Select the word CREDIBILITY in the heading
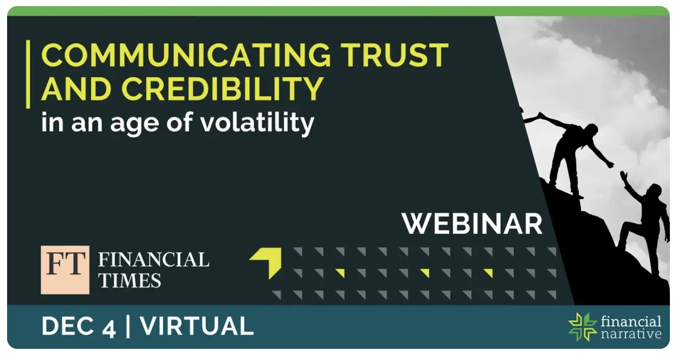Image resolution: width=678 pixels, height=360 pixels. (222, 88)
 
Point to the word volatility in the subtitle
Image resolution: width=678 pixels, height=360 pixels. (257, 122)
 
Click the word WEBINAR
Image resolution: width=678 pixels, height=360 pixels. (472, 224)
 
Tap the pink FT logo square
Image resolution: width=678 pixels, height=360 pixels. (65, 270)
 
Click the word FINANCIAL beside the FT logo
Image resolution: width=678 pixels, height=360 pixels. (154, 260)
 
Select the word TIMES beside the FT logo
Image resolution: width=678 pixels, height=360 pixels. (130, 280)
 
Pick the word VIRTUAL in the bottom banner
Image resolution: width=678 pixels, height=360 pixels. (197, 327)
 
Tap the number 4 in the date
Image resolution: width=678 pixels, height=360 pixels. (108, 329)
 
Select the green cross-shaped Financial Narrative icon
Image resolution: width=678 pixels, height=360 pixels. (583, 327)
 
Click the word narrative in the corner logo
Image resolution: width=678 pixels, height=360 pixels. (631, 334)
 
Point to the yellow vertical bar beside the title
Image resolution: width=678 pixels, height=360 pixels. (28, 74)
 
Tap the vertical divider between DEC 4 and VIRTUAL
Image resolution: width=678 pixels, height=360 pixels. (128, 327)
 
